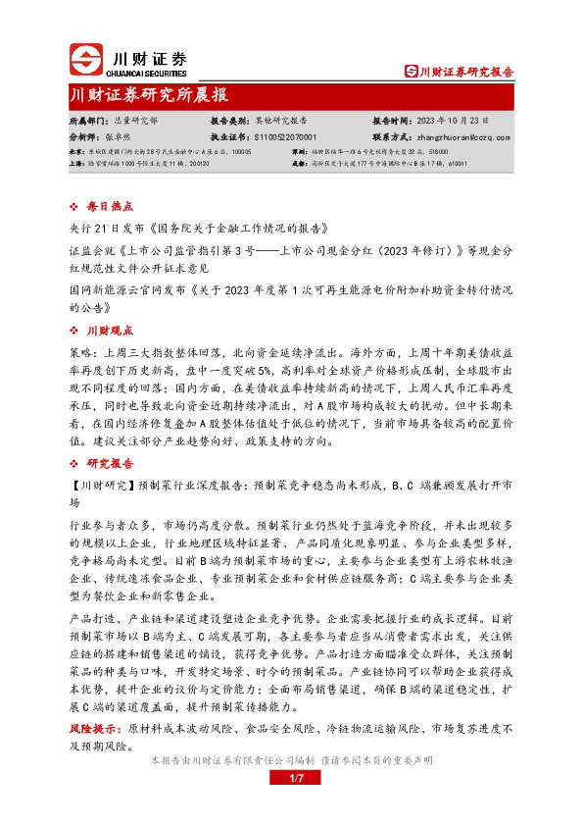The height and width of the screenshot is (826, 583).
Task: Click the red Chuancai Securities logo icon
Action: click(x=87, y=62)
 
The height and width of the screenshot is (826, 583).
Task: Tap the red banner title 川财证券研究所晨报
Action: click(x=150, y=95)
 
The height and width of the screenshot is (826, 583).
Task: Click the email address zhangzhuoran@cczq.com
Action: click(x=463, y=138)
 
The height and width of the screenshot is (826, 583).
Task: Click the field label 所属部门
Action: click(x=84, y=120)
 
